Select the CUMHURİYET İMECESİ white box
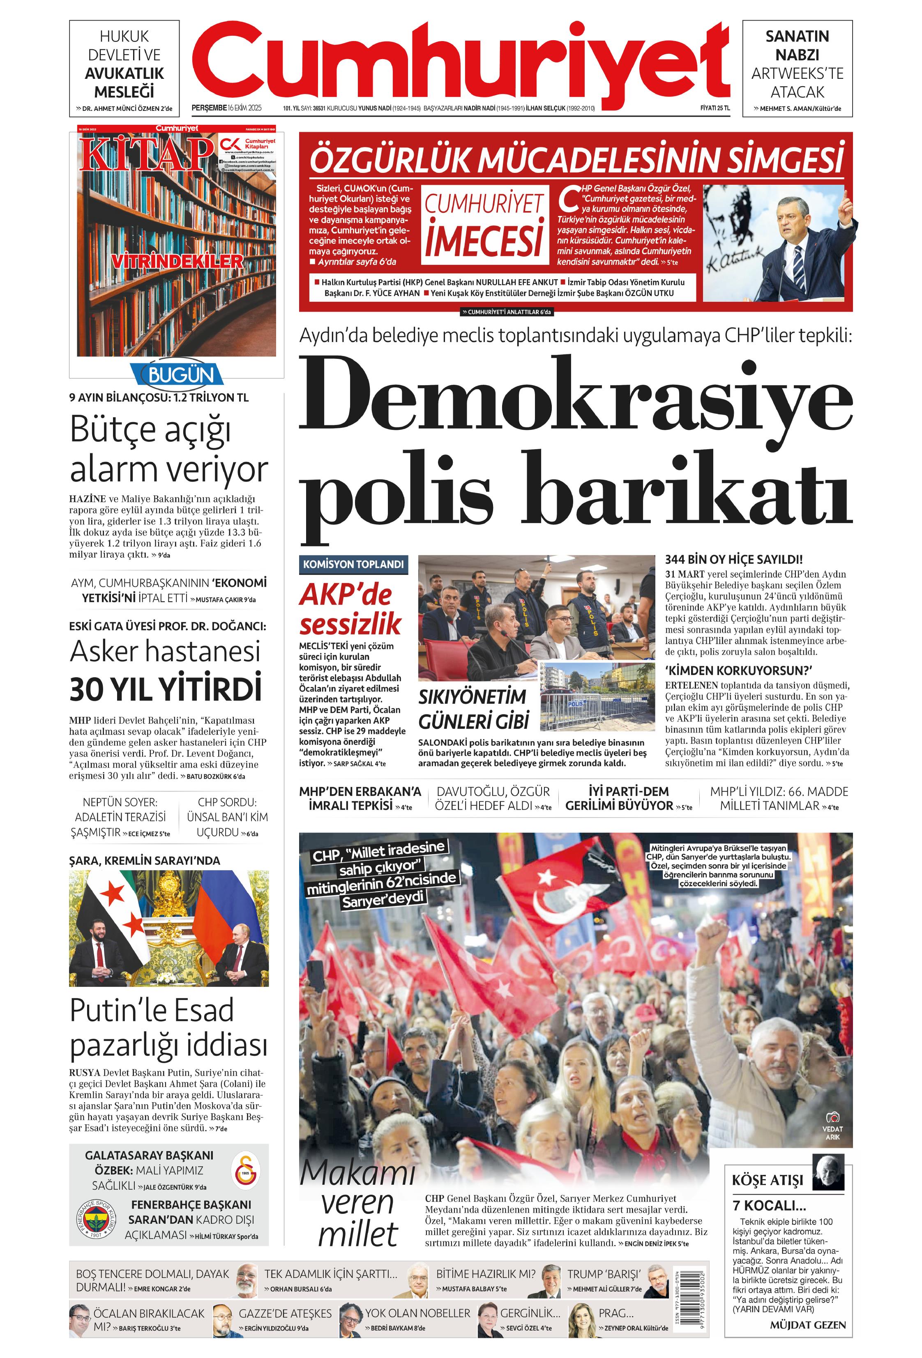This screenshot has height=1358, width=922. click(x=484, y=225)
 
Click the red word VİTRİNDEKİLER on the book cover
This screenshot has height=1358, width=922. click(x=177, y=261)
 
